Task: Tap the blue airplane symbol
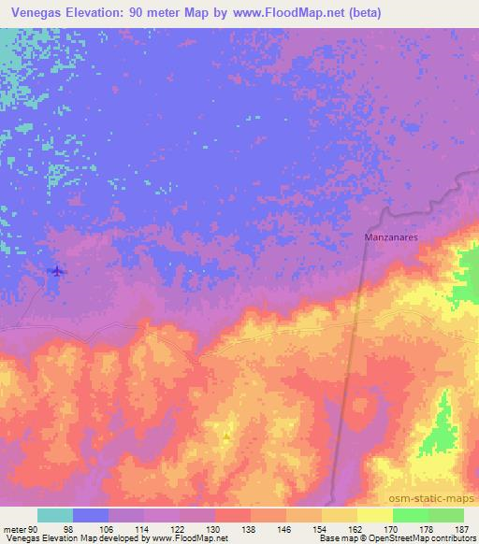[x=58, y=271]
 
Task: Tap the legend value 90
[x=33, y=528]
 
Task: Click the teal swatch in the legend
[x=55, y=515]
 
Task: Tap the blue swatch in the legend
[x=91, y=515]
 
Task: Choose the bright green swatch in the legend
[x=410, y=515]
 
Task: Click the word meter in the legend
[x=14, y=528]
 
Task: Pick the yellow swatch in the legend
[x=339, y=515]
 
